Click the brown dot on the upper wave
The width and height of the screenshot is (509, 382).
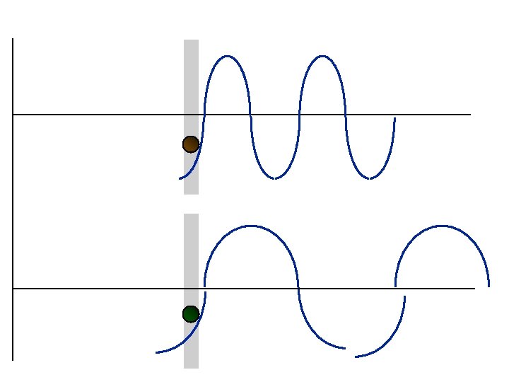point(190,144)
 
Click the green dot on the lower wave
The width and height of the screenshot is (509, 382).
point(190,314)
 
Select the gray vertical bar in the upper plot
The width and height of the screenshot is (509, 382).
point(191,85)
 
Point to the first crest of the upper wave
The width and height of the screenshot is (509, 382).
point(227,56)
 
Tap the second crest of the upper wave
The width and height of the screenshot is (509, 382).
point(322,56)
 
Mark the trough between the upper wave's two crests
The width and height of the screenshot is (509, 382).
point(275,178)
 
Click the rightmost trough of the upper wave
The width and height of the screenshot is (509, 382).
point(369,178)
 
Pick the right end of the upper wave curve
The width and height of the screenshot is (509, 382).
point(394,118)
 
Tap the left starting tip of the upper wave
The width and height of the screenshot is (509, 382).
point(180,178)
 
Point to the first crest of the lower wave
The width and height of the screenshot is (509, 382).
point(251,226)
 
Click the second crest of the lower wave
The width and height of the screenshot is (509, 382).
point(442,226)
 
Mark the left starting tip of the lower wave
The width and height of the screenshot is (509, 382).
point(156,352)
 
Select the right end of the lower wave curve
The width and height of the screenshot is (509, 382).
point(488,286)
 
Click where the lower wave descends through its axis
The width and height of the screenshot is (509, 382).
point(298,289)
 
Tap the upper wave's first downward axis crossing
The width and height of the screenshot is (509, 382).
point(251,114)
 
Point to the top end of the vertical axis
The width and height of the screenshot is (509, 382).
point(13,40)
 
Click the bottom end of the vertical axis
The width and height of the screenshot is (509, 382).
point(13,360)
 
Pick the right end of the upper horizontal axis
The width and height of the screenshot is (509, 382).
point(470,114)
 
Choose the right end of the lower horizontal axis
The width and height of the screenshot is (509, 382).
point(474,289)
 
